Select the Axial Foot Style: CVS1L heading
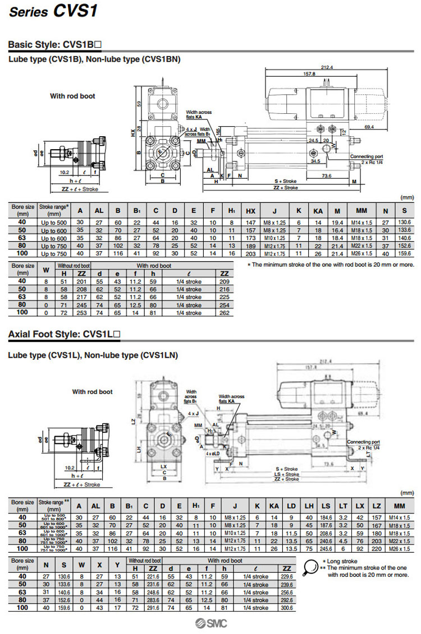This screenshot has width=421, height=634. coord(65,335)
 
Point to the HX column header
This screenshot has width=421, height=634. coord(250,211)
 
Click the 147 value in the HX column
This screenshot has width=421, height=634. coord(250,223)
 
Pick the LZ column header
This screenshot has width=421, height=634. coord(376,506)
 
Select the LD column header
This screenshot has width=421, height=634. coord(291,506)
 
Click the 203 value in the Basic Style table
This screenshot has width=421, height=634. coord(250,254)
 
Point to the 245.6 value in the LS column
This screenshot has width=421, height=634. coord(326,548)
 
